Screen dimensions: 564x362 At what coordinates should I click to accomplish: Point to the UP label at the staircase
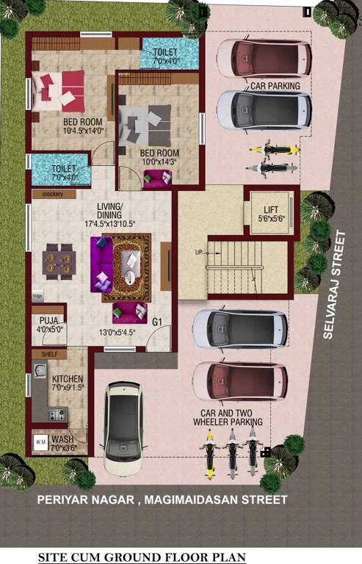[x=198, y=253]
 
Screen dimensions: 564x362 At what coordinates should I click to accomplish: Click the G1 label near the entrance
[x=157, y=322]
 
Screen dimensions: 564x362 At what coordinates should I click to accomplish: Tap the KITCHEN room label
[x=67, y=378]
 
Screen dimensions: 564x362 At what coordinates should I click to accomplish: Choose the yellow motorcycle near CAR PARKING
[x=275, y=151]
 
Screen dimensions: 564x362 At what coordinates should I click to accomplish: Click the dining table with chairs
[x=58, y=259]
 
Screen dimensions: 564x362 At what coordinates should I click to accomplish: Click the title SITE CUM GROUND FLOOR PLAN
[x=142, y=557]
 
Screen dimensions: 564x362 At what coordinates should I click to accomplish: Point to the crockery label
[x=54, y=195]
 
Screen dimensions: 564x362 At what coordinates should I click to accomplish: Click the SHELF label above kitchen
[x=50, y=354]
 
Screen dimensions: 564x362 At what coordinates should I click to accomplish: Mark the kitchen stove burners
[x=58, y=415]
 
